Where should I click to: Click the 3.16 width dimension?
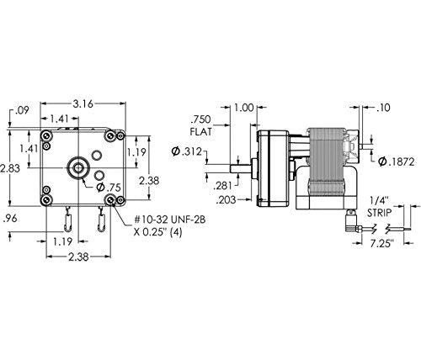[83, 104]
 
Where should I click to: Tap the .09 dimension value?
[22, 110]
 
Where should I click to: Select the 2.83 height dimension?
[10, 169]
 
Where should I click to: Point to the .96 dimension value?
[10, 219]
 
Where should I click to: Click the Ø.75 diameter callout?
[109, 188]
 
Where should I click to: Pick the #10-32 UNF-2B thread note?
[169, 220]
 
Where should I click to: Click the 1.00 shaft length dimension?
[244, 108]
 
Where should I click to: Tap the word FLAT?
[200, 132]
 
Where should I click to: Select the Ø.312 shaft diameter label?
[186, 151]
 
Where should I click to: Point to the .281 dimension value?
[222, 185]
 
